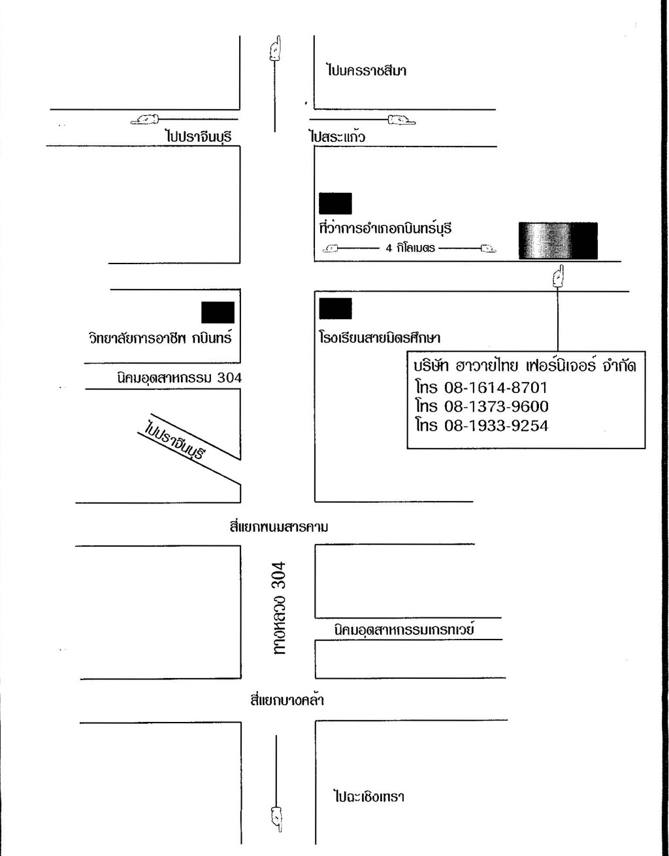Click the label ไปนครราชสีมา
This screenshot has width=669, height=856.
pyautogui.click(x=366, y=71)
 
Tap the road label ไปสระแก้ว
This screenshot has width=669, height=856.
pyautogui.click(x=337, y=137)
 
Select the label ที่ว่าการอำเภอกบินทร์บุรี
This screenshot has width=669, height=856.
pyautogui.click(x=385, y=228)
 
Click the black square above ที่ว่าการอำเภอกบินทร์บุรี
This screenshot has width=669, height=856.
pyautogui.click(x=335, y=203)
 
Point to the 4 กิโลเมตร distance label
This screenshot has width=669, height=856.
pyautogui.click(x=410, y=248)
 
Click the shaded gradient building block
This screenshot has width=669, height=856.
pyautogui.click(x=558, y=241)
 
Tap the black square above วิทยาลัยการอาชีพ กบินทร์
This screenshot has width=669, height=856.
pyautogui.click(x=218, y=313)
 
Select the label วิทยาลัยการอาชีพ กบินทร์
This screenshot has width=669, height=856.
pyautogui.click(x=161, y=337)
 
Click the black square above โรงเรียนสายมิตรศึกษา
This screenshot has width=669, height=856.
pyautogui.click(x=335, y=309)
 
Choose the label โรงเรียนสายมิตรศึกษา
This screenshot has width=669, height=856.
pyautogui.click(x=380, y=337)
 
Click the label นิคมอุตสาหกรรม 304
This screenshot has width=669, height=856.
pyautogui.click(x=180, y=378)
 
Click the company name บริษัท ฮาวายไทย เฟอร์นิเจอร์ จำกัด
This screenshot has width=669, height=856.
pyautogui.click(x=525, y=366)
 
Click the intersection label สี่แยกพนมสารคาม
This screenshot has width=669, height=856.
pyautogui.click(x=278, y=526)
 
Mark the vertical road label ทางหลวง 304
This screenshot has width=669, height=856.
pyautogui.click(x=279, y=608)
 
